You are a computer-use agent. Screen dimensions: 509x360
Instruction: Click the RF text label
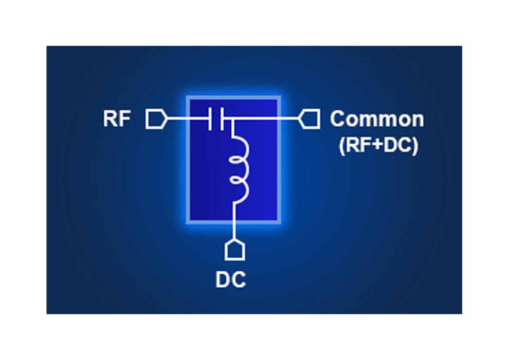point(117,119)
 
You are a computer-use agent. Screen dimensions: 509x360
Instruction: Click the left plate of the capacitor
point(210,119)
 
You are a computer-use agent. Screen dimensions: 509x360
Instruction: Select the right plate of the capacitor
point(222,119)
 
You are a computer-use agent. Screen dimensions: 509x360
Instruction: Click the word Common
point(377,119)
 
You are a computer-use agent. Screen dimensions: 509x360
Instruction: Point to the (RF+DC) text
point(379,146)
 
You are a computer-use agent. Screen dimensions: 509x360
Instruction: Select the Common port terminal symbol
point(309,119)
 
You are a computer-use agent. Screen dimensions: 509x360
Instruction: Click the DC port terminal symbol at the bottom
point(235,250)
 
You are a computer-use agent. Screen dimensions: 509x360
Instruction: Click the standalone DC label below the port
point(231,280)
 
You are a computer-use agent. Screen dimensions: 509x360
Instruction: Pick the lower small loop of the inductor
point(237,181)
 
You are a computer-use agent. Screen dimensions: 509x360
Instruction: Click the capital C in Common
point(338,119)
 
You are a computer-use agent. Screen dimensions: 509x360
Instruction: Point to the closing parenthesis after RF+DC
point(415,146)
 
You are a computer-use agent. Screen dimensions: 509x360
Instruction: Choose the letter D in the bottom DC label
point(223,280)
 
